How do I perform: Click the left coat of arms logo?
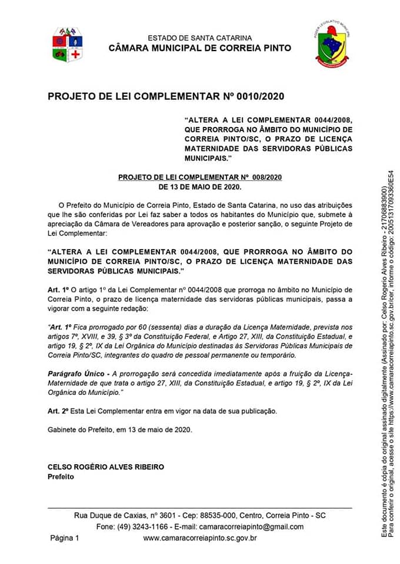66,44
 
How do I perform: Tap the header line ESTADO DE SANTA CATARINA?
200,38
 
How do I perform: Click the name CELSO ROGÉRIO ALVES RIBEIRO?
106,467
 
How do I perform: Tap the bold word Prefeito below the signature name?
61,476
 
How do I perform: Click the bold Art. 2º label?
59,411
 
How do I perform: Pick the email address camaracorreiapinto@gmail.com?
251,526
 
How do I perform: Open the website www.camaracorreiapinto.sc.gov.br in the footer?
200,538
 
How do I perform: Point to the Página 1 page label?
64,538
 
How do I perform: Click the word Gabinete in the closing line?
62,429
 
